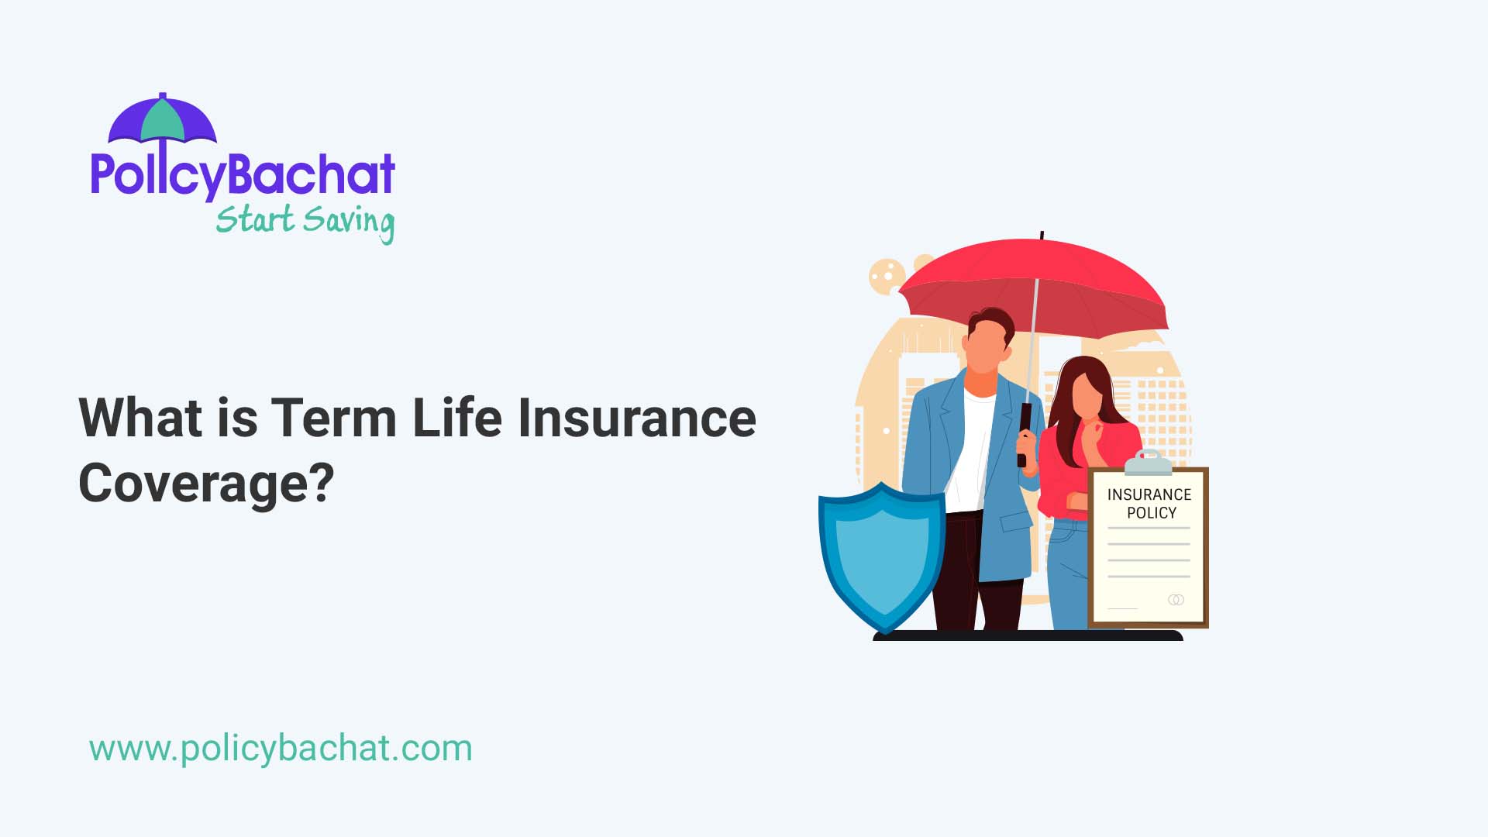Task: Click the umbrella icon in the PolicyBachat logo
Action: [163, 120]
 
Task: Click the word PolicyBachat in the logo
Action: [243, 175]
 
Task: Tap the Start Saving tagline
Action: [305, 221]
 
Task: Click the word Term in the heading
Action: [333, 418]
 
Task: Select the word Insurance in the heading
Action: [636, 418]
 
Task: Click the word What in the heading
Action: [140, 418]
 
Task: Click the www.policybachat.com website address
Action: [281, 749]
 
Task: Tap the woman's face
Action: [1087, 395]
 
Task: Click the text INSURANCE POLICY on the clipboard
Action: [1149, 504]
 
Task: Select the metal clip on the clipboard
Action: [1149, 463]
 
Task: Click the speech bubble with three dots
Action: [887, 276]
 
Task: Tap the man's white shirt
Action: [973, 449]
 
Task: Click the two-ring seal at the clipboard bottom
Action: [1176, 600]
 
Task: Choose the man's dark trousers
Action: [965, 573]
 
